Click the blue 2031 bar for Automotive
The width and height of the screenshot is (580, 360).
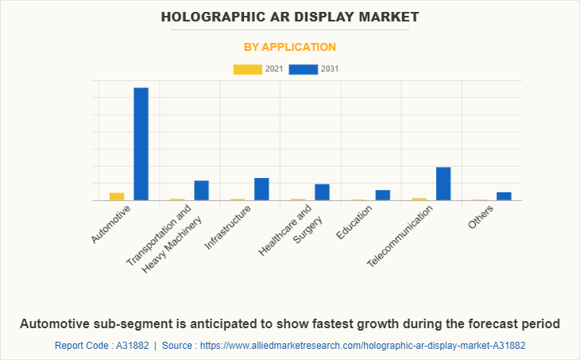(141, 144)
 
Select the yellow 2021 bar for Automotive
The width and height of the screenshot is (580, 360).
(117, 196)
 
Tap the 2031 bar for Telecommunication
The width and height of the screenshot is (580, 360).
(443, 184)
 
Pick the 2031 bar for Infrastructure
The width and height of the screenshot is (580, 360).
(261, 189)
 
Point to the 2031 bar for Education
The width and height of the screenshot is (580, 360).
(383, 195)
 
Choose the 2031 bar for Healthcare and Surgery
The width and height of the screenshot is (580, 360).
(322, 192)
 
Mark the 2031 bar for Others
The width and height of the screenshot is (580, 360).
(504, 196)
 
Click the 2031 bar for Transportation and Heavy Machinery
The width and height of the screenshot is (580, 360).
(201, 191)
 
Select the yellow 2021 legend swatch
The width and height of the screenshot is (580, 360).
(247, 69)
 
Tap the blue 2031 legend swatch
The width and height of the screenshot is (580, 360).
(304, 69)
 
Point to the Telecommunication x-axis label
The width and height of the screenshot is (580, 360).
(400, 236)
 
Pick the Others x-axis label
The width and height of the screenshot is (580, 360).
(481, 217)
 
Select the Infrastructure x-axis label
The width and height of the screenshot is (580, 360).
(228, 228)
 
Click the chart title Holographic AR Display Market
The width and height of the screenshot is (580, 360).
(290, 16)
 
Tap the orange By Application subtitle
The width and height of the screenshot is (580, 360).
(290, 47)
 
